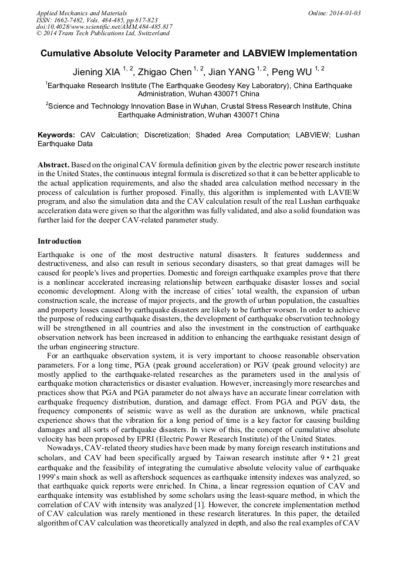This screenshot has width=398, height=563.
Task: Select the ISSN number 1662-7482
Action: [68, 20]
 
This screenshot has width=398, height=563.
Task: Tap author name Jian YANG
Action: [231, 72]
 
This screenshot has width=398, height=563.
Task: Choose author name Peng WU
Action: [291, 72]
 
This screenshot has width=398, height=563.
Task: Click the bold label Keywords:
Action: [56, 135]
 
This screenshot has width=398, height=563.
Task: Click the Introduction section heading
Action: [59, 241]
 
